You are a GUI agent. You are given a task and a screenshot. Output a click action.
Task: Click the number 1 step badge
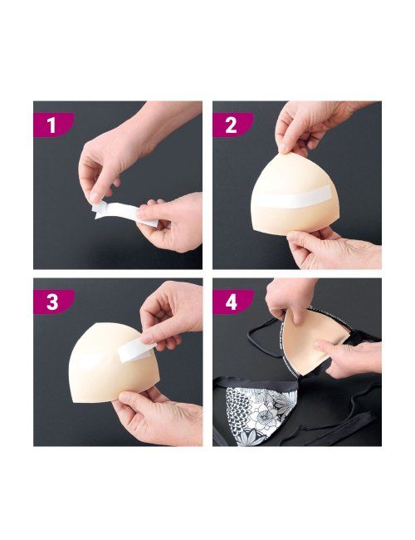53,125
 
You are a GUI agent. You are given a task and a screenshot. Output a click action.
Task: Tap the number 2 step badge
232,125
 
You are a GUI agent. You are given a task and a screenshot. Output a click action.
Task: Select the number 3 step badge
53,302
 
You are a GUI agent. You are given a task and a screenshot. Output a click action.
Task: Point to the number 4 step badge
232,302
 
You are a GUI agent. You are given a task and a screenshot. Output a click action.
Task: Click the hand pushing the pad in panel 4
351,358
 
